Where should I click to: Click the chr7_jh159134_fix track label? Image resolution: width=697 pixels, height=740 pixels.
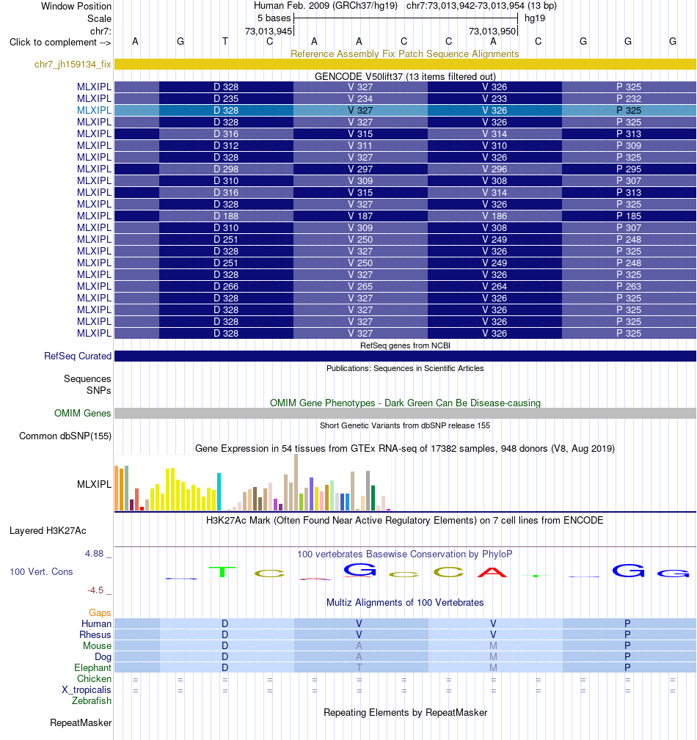[73, 65]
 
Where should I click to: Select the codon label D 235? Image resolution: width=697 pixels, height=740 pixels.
[226, 98]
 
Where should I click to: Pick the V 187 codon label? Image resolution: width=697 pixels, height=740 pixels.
[360, 216]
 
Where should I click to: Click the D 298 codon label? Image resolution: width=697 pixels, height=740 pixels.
[226, 169]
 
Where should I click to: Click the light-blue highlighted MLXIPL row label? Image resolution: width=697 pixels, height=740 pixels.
[94, 110]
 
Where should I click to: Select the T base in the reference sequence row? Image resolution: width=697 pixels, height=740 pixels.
[225, 42]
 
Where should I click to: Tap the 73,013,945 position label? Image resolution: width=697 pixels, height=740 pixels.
[269, 31]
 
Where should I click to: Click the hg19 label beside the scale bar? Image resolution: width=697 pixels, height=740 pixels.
[535, 18]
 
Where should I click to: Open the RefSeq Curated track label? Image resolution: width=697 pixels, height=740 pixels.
[78, 356]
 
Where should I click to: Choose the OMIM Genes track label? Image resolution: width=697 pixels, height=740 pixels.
[83, 413]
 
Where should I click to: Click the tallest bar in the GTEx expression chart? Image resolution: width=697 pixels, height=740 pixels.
[296, 483]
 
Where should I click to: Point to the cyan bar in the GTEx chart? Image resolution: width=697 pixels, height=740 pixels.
[219, 492]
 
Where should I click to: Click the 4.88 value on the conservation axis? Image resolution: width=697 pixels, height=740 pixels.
[94, 554]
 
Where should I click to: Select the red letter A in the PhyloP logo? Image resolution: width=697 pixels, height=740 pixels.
[492, 573]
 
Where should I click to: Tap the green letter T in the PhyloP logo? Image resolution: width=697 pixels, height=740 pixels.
[222, 572]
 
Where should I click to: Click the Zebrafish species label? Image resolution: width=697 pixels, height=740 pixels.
[92, 701]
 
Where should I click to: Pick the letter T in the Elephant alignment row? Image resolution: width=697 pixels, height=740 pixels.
[360, 668]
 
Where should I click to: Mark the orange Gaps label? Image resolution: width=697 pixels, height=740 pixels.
[100, 612]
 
